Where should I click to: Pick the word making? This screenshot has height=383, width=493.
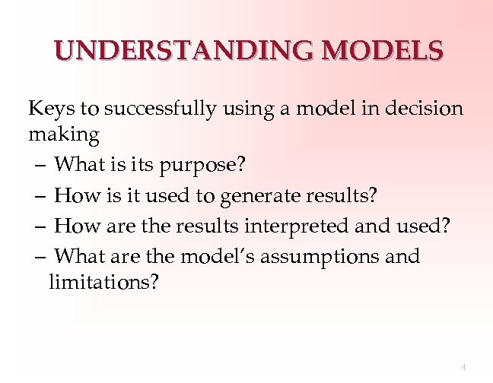(x=64, y=135)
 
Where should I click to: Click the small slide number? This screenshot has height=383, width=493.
(x=464, y=367)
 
